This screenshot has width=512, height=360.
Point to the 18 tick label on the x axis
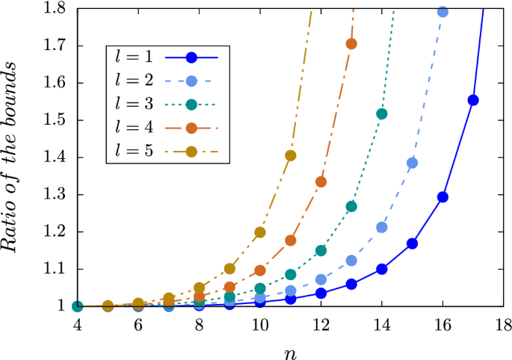coord(504,326)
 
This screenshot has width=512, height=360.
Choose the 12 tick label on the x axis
coord(321,326)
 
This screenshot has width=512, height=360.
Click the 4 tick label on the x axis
coord(77,326)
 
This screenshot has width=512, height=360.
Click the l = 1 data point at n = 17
coord(473,100)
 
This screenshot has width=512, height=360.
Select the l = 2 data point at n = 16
coord(442,12)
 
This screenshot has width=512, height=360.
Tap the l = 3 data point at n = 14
coord(382,114)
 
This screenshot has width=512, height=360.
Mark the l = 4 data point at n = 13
coord(351,43)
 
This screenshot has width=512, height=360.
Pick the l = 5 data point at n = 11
coord(291,155)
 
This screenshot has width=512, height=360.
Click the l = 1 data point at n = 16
coord(442,197)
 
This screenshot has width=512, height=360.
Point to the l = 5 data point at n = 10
coord(260,232)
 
